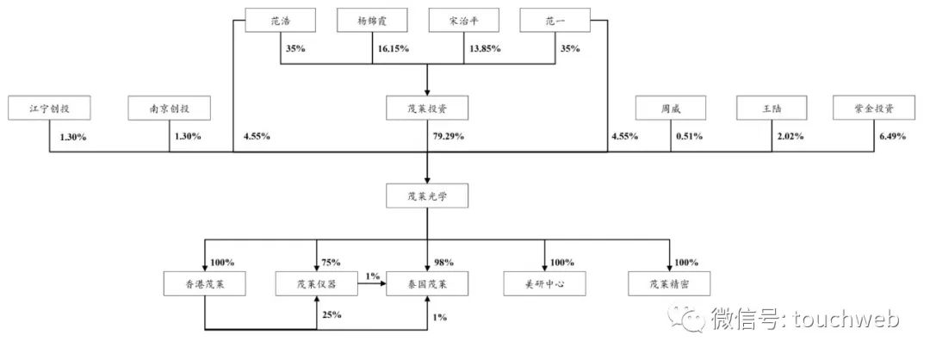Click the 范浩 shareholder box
point(280,20)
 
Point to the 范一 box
point(555,20)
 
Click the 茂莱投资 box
point(428,109)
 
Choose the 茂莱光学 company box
point(428,197)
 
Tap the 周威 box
point(671,109)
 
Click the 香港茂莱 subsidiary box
point(205,282)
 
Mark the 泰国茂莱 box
point(428,282)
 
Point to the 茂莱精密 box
point(669,282)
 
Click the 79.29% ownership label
point(449,136)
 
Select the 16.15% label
point(392,48)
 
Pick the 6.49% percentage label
point(890,136)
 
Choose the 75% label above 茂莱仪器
point(331,262)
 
